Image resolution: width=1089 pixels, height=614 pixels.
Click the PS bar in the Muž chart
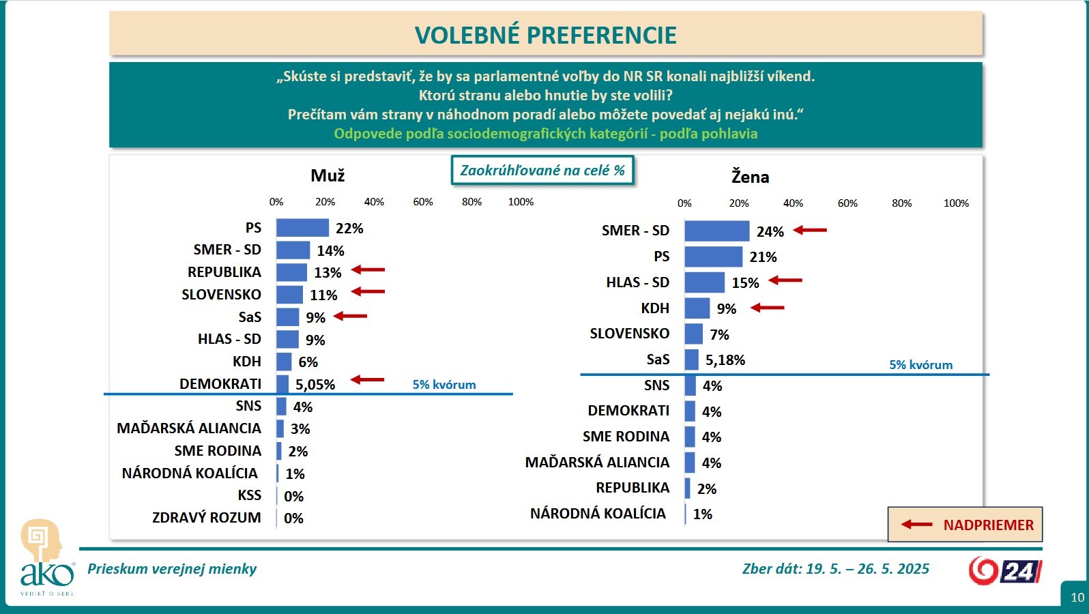pos(302,228)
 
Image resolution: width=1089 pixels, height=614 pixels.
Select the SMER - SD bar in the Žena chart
pos(716,231)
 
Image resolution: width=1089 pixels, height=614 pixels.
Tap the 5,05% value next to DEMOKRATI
pos(315,385)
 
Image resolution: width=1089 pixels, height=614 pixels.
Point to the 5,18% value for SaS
pos(725,360)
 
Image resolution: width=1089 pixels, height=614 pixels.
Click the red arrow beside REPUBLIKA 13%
pos(368,270)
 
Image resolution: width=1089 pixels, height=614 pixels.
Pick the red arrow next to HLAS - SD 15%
pos(785,280)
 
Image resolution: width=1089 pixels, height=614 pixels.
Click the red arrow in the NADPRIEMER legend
pos(916,525)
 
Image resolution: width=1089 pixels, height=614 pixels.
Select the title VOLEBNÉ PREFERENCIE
pos(546,35)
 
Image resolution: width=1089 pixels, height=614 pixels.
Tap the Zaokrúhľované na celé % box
pos(542,171)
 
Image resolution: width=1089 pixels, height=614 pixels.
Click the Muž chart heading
pos(328,176)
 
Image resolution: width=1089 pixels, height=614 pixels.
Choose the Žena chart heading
pos(750,177)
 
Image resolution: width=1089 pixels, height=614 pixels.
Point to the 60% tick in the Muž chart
pos(423,202)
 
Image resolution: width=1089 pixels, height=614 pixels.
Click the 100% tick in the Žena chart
pos(956,203)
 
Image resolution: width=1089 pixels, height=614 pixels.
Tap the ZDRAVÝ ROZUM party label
pos(206,518)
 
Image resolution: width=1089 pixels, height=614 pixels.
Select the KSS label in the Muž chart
pos(249,495)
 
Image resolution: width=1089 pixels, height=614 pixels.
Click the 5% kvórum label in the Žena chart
pos(920,365)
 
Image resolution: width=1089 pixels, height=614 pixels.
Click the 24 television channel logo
pos(1005,571)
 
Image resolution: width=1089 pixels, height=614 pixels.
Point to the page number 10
pos(1077,598)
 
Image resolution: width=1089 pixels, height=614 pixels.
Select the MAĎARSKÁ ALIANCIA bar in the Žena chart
pos(690,463)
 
